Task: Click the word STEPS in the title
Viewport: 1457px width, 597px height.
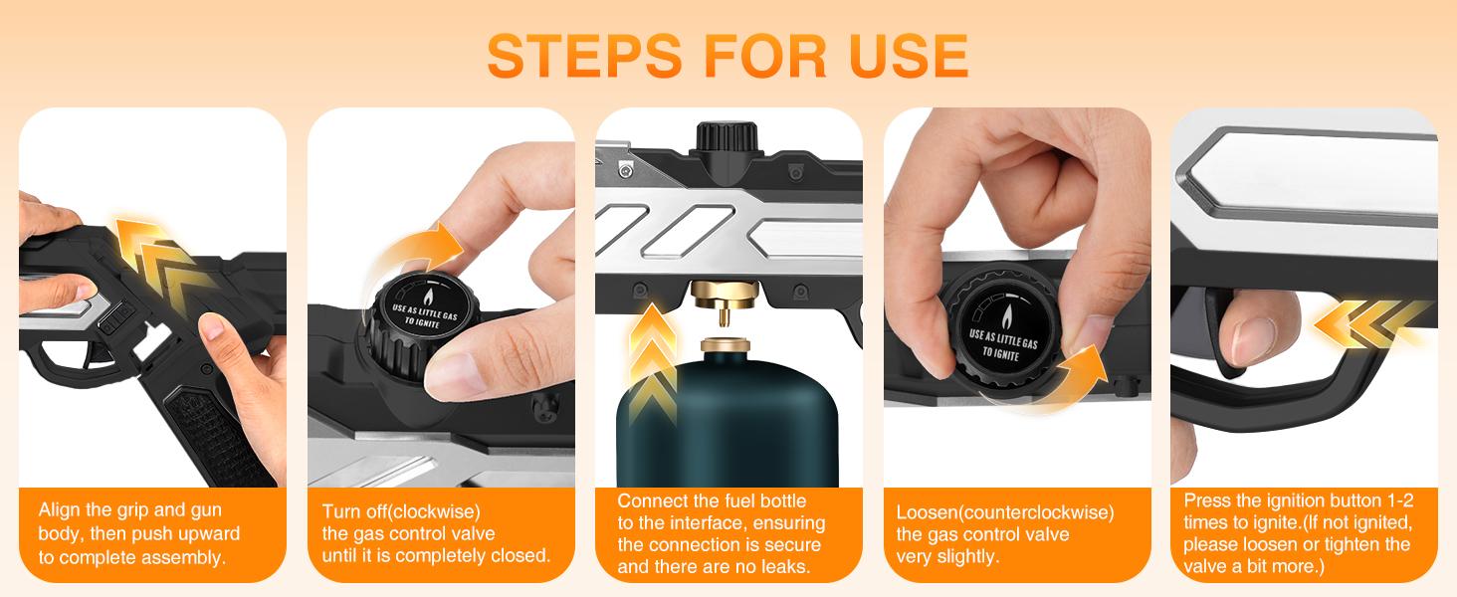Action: click(584, 56)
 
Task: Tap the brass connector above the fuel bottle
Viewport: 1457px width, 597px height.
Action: click(724, 300)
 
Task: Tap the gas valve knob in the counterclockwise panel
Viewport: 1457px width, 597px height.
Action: click(1001, 332)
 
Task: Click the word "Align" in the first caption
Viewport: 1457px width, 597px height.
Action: click(59, 509)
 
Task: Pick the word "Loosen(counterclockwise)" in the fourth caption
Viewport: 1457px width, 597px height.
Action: click(1005, 512)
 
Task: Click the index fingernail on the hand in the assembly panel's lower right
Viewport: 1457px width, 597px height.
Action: click(212, 327)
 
